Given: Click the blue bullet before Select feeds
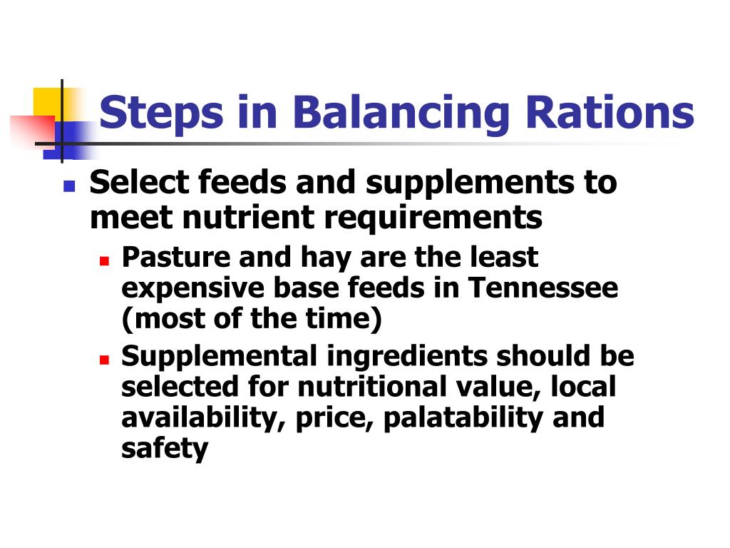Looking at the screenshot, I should coord(69,188).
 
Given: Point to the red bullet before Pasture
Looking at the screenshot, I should coord(104,261).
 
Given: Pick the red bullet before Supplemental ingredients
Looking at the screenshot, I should coord(104,359).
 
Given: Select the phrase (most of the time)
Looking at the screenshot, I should coord(252,320).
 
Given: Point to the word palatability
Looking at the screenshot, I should coord(464,417).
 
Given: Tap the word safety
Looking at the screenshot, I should coord(165,450).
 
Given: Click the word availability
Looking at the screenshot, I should coord(202,417).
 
